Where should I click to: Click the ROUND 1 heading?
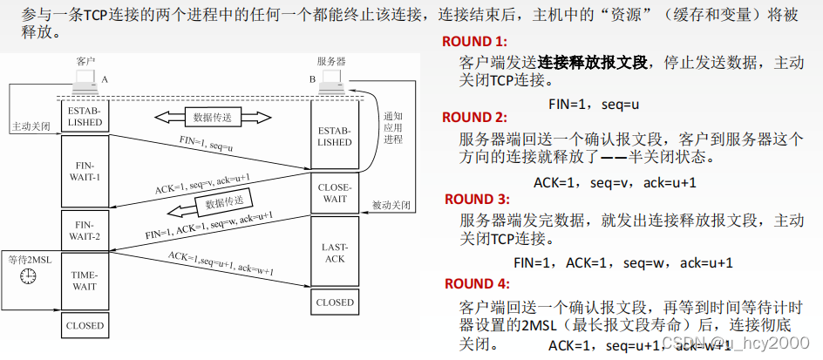tap(473, 42)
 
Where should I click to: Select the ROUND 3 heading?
tap(475, 200)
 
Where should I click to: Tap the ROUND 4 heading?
tap(475, 284)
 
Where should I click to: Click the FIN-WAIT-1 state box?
tap(85, 172)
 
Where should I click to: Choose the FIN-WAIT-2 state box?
tap(85, 228)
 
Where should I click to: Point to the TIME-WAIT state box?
tap(85, 279)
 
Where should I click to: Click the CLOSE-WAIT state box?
tap(336, 193)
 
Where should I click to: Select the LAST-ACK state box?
tap(336, 253)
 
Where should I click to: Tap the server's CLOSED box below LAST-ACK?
tap(336, 302)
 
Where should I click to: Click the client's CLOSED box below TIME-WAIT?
tap(85, 326)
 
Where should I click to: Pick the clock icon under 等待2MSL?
tap(29, 275)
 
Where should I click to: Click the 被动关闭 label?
tap(391, 206)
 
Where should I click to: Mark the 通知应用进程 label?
tap(393, 127)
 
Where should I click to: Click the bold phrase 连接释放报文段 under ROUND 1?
tap(593, 63)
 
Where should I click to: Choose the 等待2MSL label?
tap(29, 259)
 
